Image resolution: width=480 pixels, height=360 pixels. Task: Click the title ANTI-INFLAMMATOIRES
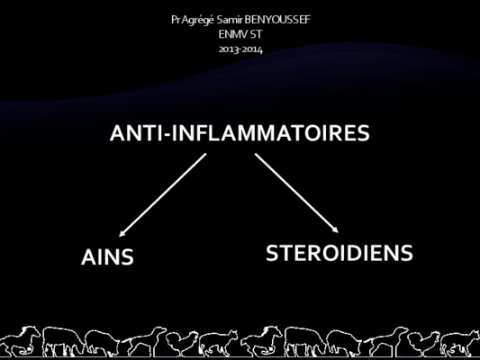coord(240,133)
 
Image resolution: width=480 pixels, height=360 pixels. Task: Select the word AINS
coord(107,256)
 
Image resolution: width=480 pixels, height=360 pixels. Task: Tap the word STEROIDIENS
coord(340,253)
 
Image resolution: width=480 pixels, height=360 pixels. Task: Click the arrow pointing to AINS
coord(162,194)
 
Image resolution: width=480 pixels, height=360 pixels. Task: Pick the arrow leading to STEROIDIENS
coord(296,193)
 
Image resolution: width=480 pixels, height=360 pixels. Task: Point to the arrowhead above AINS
coord(122,234)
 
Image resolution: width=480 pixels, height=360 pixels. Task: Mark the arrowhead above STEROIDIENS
coord(336,230)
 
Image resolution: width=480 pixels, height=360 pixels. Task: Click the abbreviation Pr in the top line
coord(176,20)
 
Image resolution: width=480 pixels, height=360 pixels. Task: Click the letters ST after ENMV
coord(256,34)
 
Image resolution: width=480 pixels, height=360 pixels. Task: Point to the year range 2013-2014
coord(240,49)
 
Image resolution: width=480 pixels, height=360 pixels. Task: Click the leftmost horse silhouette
coord(20,341)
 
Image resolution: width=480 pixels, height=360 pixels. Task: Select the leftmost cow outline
coord(63,341)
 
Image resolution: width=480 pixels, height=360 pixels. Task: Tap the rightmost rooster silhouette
coord(424,344)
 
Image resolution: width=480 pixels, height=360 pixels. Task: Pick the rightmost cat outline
coord(460,343)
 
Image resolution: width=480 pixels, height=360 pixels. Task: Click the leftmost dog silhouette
coord(144,341)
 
